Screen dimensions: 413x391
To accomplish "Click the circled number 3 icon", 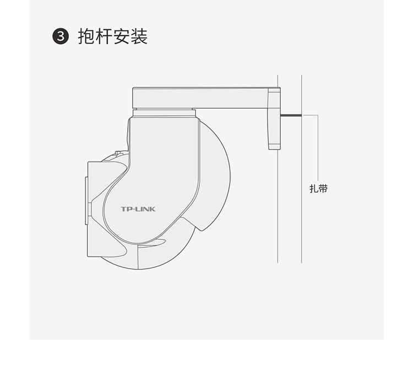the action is point(60,38).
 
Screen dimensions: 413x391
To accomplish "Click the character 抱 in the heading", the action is point(86,37).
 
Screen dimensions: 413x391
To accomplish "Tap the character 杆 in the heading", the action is point(104,37).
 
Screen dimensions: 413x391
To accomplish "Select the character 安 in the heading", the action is point(122,37).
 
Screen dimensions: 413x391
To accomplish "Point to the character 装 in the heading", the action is point(139,37).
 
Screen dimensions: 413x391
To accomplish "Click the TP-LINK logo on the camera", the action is point(138,210).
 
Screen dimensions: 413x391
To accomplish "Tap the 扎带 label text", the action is point(318,189).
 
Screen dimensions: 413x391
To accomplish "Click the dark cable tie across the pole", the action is point(291,115).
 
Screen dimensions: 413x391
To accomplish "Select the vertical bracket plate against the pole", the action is point(274,116).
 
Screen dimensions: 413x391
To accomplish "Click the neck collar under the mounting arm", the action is point(163,113).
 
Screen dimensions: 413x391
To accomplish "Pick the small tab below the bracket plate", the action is point(274,147).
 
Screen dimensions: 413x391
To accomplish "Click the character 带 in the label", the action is point(323,189).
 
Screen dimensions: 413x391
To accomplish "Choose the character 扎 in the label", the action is point(314,189).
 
